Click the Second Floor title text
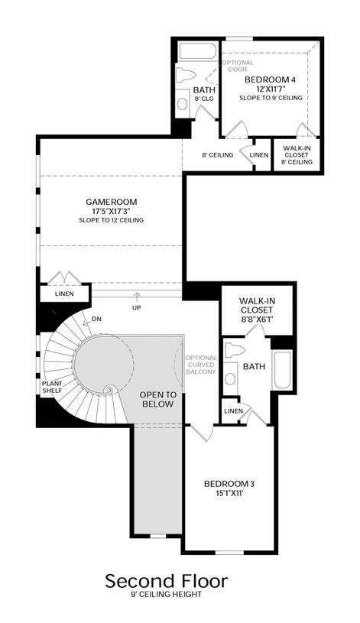click(x=167, y=581)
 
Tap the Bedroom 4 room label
click(x=270, y=79)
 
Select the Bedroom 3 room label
click(x=229, y=484)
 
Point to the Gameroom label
click(x=112, y=202)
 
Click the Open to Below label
click(x=157, y=399)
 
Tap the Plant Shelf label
click(x=53, y=387)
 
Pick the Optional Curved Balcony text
click(x=201, y=365)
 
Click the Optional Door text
click(x=237, y=66)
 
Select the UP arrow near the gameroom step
click(x=137, y=297)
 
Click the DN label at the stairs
click(x=96, y=319)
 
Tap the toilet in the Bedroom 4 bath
click(x=186, y=74)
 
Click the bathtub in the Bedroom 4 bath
click(x=197, y=51)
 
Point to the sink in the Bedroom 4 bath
click(x=183, y=103)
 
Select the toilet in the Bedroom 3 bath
click(x=234, y=350)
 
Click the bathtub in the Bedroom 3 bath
click(x=282, y=370)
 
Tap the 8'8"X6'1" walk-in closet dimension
click(x=255, y=319)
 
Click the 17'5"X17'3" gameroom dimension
click(x=112, y=211)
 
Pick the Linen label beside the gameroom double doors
click(x=64, y=294)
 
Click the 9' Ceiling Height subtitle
click(x=167, y=595)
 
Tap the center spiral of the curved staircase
click(x=108, y=390)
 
